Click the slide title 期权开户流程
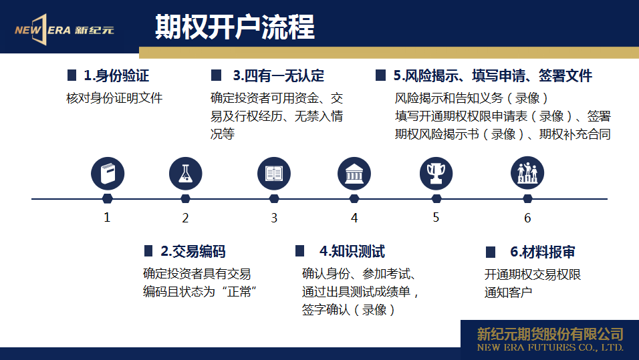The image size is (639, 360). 235,27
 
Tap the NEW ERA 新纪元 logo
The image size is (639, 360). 64,30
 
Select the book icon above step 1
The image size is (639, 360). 108,174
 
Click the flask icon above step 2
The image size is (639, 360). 185,174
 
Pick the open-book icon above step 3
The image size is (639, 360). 274,174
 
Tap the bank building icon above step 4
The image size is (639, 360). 354,174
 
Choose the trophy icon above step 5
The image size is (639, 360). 436,174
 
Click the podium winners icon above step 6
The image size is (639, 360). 527,173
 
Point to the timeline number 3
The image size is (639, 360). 274,218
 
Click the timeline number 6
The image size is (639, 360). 527,218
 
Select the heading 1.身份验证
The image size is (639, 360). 116,75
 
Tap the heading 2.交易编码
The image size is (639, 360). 193,251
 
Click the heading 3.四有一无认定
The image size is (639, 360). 279,75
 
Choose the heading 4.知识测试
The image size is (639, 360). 352,251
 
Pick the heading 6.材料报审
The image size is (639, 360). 543,252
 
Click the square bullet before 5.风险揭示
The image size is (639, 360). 380,75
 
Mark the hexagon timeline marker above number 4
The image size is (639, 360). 354,199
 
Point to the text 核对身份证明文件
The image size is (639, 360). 114,98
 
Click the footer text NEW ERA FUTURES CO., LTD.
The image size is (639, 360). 550,348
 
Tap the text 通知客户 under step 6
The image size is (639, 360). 508,293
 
